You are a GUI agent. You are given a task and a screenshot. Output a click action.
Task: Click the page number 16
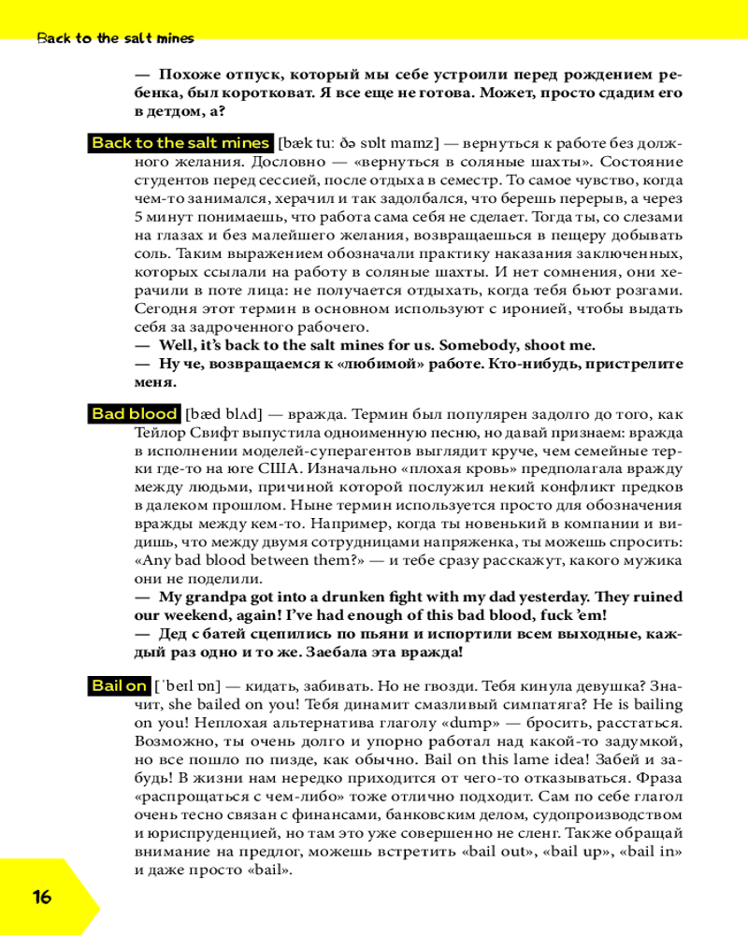pyautogui.click(x=42, y=897)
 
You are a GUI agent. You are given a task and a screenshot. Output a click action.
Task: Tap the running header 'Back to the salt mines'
pyautogui.click(x=115, y=38)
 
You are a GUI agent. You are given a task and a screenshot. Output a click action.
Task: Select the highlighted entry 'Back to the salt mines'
pyautogui.click(x=180, y=143)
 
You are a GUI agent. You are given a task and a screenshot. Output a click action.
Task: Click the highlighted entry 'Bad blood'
pyautogui.click(x=135, y=413)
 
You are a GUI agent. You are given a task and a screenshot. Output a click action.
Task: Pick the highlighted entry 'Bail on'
pyautogui.click(x=119, y=685)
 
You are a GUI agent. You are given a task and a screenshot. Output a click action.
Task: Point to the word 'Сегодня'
pyautogui.click(x=168, y=308)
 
